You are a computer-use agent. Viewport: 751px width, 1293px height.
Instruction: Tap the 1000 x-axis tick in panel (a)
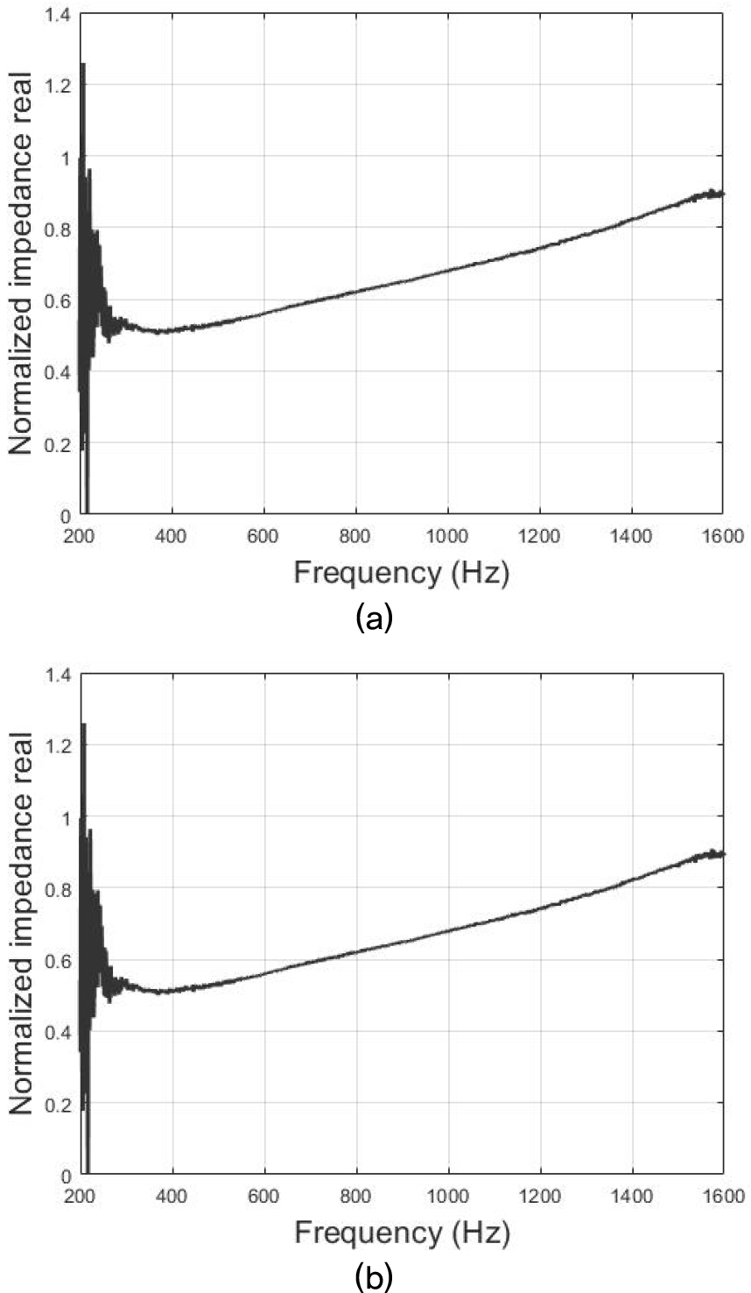[x=447, y=535]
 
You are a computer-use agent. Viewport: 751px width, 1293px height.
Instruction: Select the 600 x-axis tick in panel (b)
[x=263, y=1196]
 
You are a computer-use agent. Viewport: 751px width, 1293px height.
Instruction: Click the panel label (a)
[x=375, y=618]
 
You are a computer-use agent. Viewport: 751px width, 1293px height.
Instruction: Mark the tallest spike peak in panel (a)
[x=82, y=64]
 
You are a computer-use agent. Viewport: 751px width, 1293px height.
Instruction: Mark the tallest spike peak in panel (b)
[x=82, y=724]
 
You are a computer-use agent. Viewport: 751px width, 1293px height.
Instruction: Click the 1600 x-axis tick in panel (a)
[x=721, y=535]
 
